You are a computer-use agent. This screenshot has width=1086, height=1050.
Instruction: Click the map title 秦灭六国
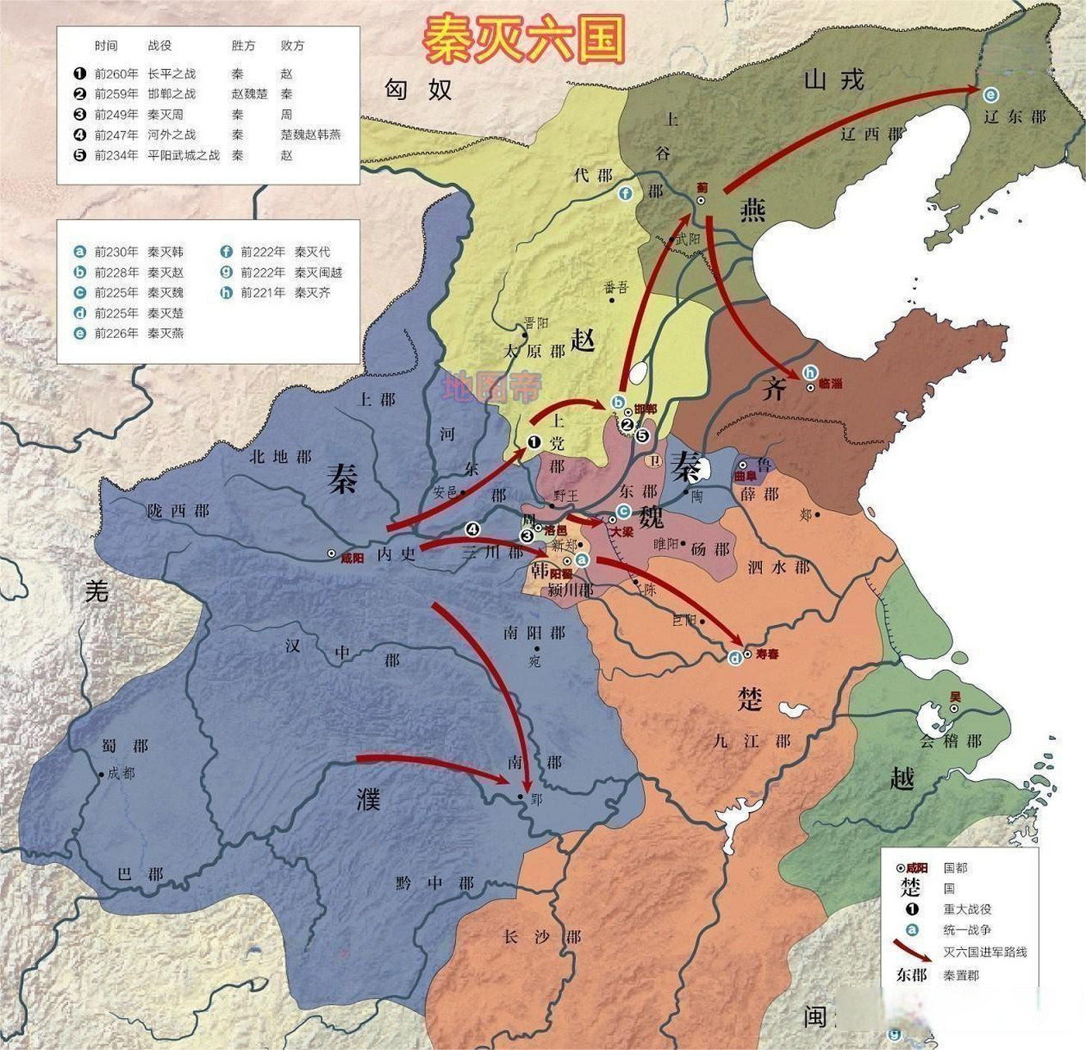pyautogui.click(x=523, y=39)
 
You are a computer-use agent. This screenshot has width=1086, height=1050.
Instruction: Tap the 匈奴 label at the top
pyautogui.click(x=418, y=89)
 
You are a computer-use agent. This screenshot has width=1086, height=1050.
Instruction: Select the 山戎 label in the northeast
pyautogui.click(x=833, y=80)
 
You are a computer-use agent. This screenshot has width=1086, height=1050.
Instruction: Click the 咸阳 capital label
pyautogui.click(x=352, y=558)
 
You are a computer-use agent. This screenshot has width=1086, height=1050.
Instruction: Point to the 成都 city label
pyautogui.click(x=121, y=773)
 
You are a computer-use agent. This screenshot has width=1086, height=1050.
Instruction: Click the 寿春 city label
pyautogui.click(x=767, y=654)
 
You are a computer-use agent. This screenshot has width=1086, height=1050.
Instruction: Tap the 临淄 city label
pyautogui.click(x=830, y=383)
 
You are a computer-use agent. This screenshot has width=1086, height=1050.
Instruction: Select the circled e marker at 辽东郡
pyautogui.click(x=991, y=94)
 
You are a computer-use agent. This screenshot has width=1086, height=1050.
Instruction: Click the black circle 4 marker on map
pyautogui.click(x=471, y=529)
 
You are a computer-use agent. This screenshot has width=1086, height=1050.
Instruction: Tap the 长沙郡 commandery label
pyautogui.click(x=541, y=936)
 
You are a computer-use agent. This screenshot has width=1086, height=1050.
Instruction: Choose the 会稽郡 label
pyautogui.click(x=950, y=741)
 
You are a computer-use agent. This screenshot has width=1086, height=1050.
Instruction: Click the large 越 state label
pyautogui.click(x=901, y=778)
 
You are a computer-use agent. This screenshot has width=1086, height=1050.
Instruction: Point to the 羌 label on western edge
pyautogui.click(x=97, y=589)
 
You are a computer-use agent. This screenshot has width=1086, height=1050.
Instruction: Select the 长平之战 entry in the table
pyautogui.click(x=171, y=74)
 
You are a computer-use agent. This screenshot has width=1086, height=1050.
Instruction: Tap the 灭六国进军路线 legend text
pyautogui.click(x=984, y=952)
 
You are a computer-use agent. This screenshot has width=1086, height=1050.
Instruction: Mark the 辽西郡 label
pyautogui.click(x=871, y=133)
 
